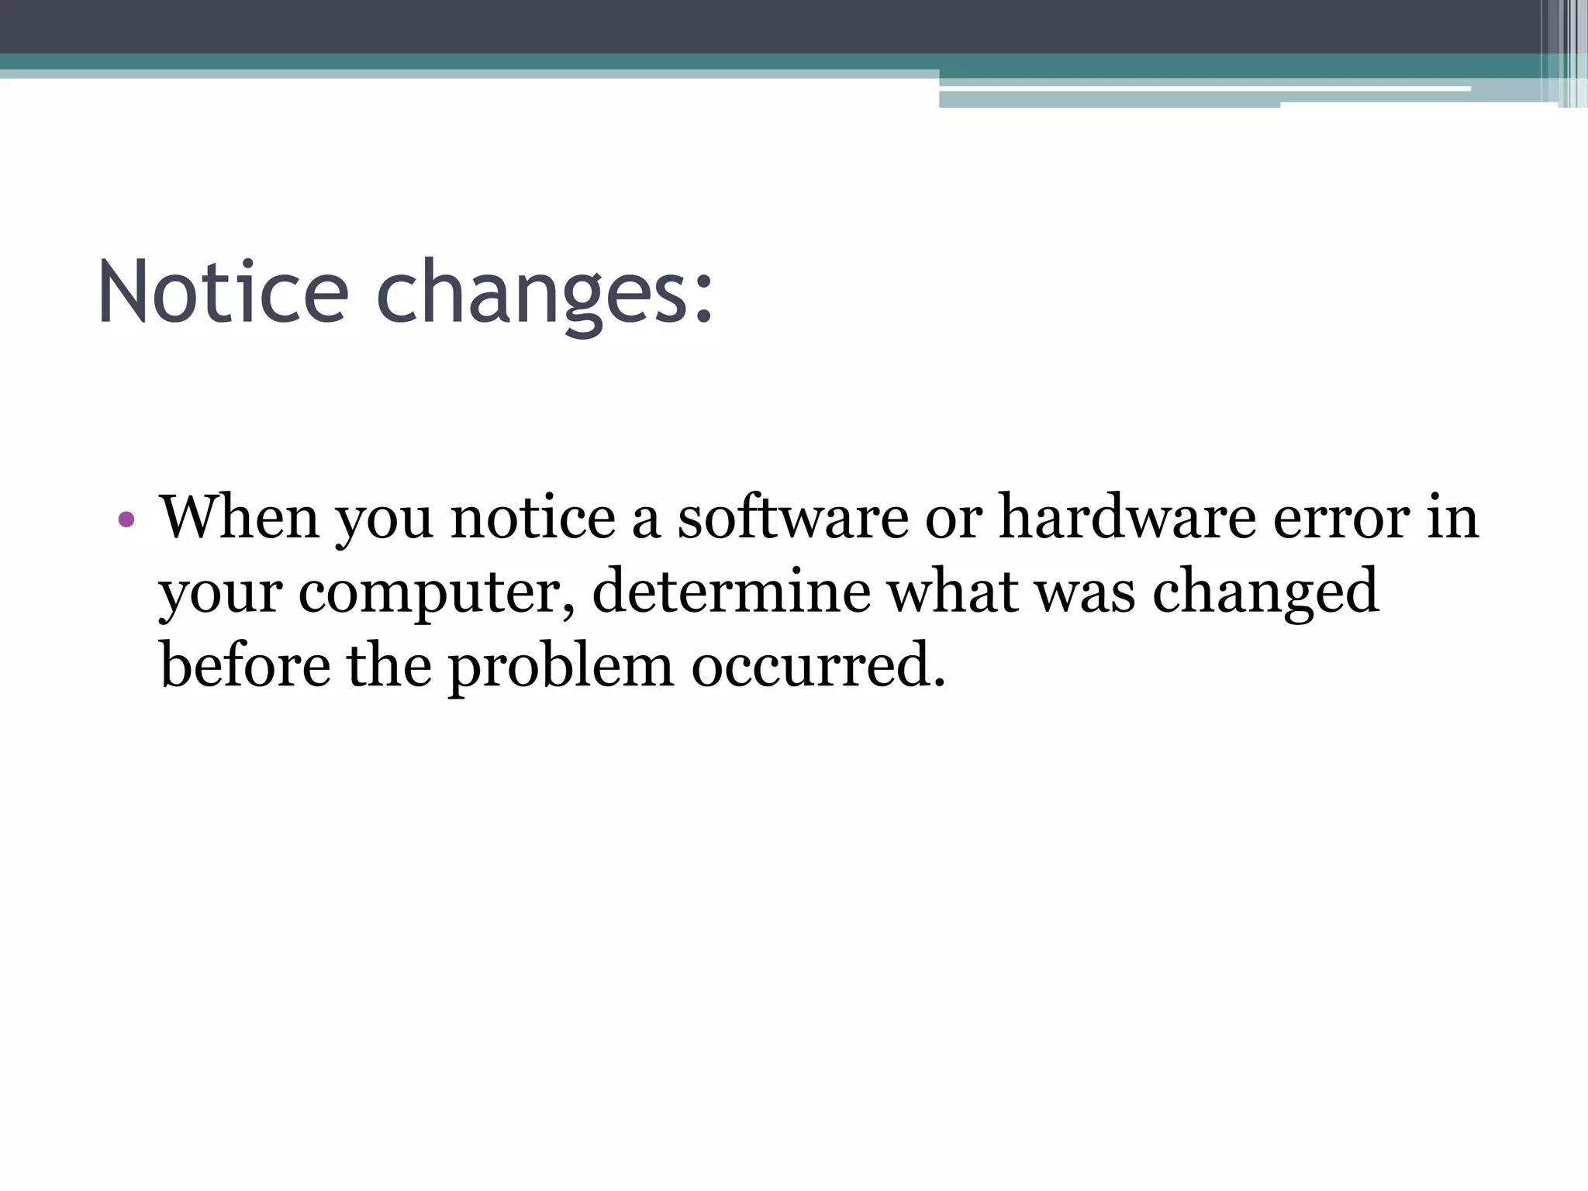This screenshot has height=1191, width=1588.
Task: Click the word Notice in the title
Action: [x=223, y=293]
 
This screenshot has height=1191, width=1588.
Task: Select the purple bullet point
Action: [x=127, y=519]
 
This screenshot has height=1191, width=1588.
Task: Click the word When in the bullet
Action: [x=239, y=517]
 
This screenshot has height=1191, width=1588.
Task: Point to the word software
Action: [x=792, y=517]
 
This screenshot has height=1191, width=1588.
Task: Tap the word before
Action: [x=245, y=665]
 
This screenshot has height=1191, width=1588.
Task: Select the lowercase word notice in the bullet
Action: [x=533, y=517]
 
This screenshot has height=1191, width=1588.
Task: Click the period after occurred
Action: [x=940, y=683]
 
